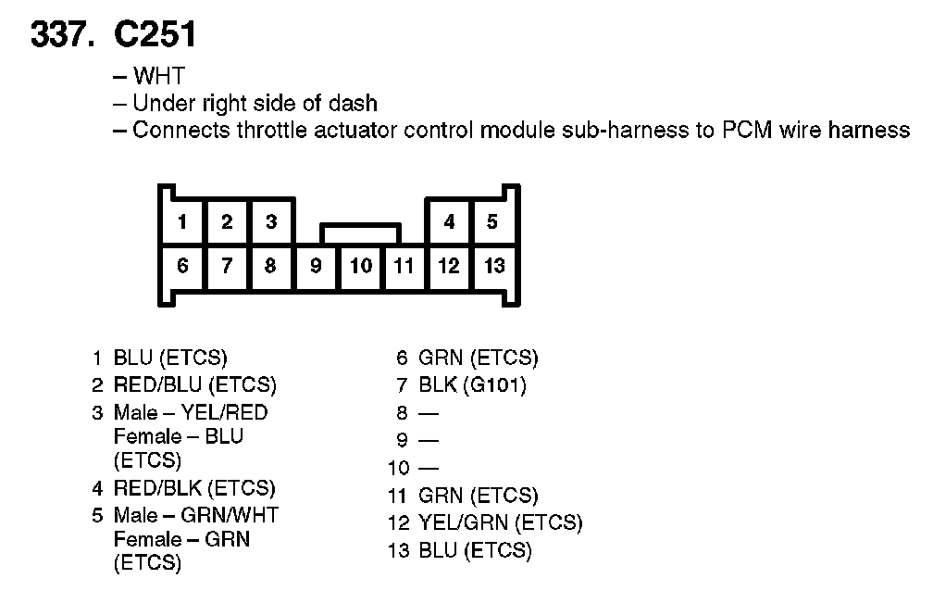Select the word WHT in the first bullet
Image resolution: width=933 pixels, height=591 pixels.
point(158,78)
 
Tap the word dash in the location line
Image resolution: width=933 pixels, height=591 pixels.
point(353,104)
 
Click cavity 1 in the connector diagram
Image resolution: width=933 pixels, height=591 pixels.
point(183,221)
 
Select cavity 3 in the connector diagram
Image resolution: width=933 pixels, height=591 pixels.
point(271,221)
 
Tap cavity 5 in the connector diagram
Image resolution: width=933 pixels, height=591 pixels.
point(492,221)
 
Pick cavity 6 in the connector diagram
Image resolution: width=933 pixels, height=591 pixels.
point(183,267)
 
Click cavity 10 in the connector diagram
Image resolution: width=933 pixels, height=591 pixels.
point(361,267)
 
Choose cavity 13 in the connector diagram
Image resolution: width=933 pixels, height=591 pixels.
point(494,267)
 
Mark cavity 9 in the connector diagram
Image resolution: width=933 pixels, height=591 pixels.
point(316,267)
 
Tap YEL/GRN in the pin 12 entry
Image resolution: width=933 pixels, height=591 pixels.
point(461,523)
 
